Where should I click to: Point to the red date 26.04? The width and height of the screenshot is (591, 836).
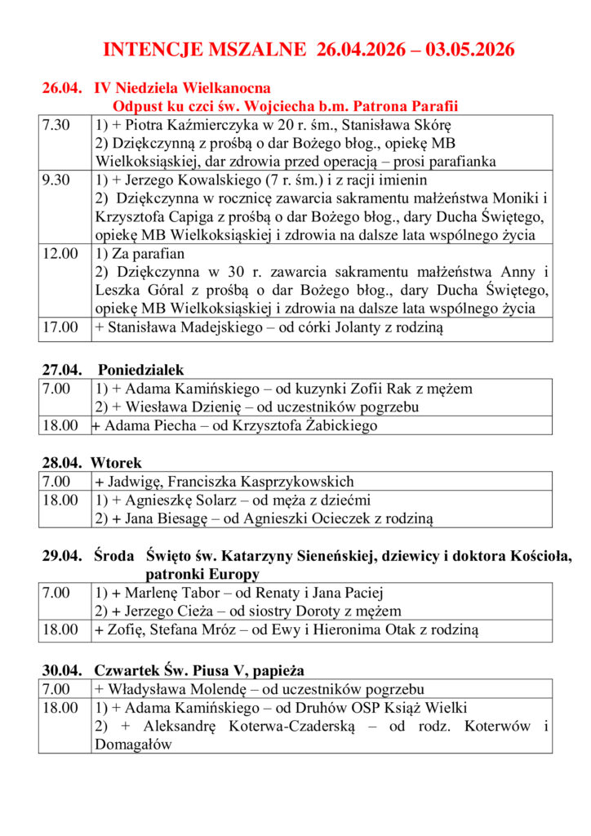coord(61,88)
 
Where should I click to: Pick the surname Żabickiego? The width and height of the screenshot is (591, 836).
coord(343,425)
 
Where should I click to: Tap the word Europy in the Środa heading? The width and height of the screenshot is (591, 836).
coord(221,574)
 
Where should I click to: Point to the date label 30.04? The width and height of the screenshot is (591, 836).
coord(61,670)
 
